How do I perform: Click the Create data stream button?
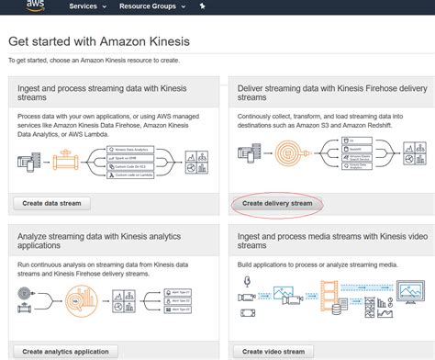click(x=52, y=203)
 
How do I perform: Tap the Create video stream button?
click(x=273, y=351)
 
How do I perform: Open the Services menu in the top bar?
click(x=89, y=6)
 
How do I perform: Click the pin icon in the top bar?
click(x=202, y=6)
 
